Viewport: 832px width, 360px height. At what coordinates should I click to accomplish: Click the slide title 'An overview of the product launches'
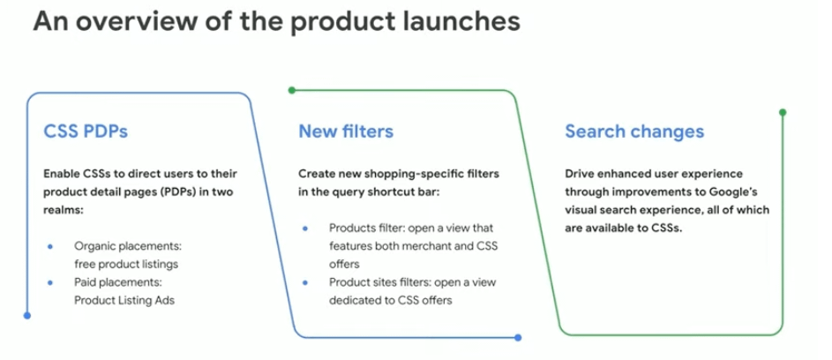(x=276, y=22)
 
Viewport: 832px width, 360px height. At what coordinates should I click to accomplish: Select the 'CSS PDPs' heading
(x=86, y=131)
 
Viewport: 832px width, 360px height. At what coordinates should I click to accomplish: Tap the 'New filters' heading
(x=346, y=131)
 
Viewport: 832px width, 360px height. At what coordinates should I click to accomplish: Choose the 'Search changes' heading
(x=634, y=131)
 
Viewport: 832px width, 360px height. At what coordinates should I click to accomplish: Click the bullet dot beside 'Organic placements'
(x=50, y=246)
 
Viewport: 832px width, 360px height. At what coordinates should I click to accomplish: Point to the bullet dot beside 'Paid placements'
(x=50, y=282)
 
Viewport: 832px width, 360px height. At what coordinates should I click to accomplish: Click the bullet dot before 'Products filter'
(x=305, y=229)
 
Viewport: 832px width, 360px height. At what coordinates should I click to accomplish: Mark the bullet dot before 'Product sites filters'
(x=305, y=282)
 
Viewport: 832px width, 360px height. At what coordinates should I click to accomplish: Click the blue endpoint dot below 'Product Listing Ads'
(x=27, y=315)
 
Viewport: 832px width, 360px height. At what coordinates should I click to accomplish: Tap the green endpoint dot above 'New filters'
(x=291, y=90)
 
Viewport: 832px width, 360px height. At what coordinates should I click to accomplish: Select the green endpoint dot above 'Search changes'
(x=782, y=112)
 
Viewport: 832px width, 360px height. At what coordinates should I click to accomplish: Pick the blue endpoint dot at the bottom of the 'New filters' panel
(x=518, y=337)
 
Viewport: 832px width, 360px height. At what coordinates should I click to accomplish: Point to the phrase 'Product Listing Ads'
(x=124, y=300)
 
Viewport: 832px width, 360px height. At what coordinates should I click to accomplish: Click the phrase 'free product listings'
(x=126, y=264)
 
